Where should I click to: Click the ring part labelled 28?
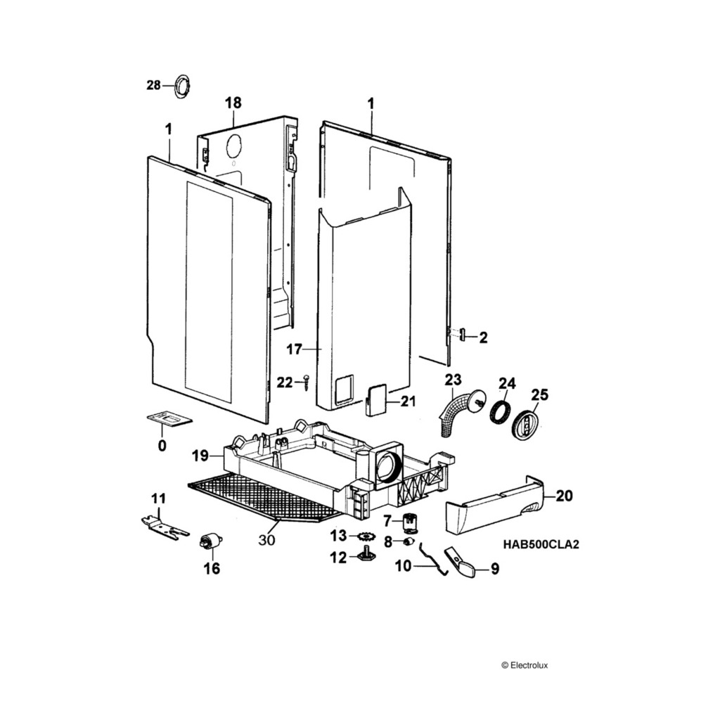(181, 86)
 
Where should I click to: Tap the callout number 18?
(233, 103)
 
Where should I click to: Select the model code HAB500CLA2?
(541, 544)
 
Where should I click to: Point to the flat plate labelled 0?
(169, 420)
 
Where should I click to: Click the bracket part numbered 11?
(165, 525)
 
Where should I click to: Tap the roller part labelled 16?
(210, 542)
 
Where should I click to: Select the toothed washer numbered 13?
(366, 537)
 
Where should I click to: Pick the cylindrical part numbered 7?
(410, 522)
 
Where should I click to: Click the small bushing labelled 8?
(407, 542)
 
